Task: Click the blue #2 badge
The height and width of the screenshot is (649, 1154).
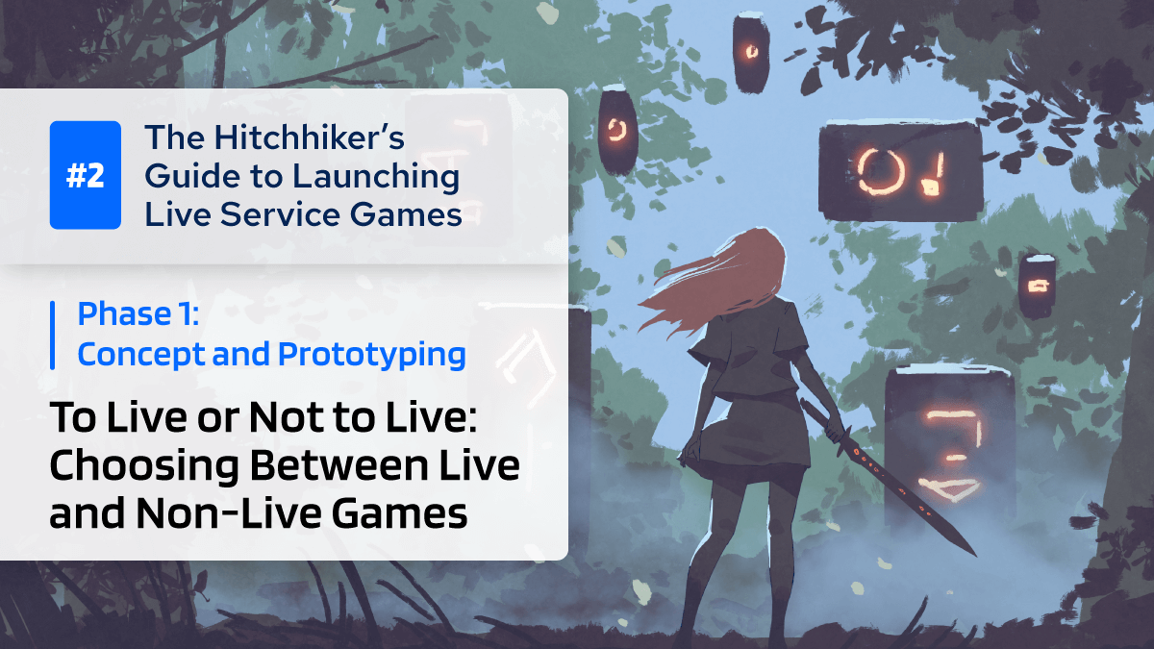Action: pos(86,175)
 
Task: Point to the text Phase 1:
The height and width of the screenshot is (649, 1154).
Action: pos(138,313)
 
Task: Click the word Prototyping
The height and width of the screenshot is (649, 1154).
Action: pos(372,354)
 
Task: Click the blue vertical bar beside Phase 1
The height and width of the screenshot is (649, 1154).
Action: pos(52,334)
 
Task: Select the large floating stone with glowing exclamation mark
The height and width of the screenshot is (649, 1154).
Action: pos(900,171)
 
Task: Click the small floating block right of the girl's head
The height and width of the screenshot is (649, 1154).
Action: pos(1038,286)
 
